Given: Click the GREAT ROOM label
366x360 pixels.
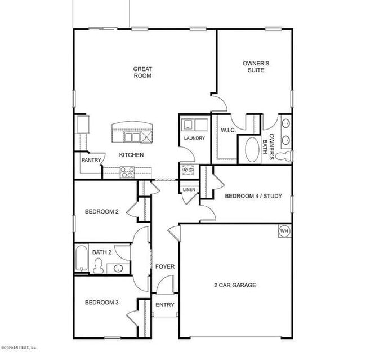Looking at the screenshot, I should tap(142, 72).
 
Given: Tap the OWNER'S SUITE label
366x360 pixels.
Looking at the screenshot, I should tap(255, 67).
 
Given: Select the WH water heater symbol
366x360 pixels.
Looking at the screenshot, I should tap(284, 230).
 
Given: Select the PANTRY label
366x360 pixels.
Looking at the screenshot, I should tap(91, 160).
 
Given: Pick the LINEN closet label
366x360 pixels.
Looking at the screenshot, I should tap(189, 190).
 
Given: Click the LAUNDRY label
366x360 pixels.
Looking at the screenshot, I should tap(194, 139).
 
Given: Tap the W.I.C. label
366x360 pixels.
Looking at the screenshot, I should tap(228, 130).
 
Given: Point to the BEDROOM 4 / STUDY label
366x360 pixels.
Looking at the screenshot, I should tap(253, 197).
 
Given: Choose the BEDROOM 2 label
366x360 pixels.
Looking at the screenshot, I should tap(101, 212).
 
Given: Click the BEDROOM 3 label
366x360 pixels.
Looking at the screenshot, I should tap(101, 303).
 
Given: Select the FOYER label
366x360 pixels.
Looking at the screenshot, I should tap(165, 266).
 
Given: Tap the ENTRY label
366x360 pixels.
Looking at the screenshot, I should tap(165, 305).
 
